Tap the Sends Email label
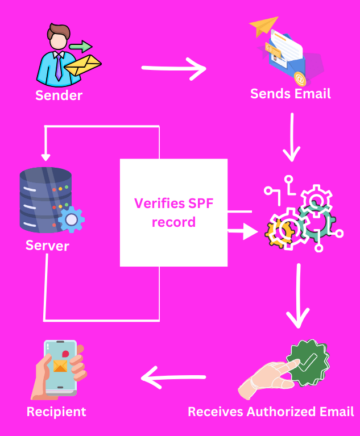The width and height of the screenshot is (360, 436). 289,94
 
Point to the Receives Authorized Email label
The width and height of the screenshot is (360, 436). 271,411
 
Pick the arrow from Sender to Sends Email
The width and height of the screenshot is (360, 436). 174,69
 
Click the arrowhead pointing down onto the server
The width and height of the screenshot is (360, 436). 45,159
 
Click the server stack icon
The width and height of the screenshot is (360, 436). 45,200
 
